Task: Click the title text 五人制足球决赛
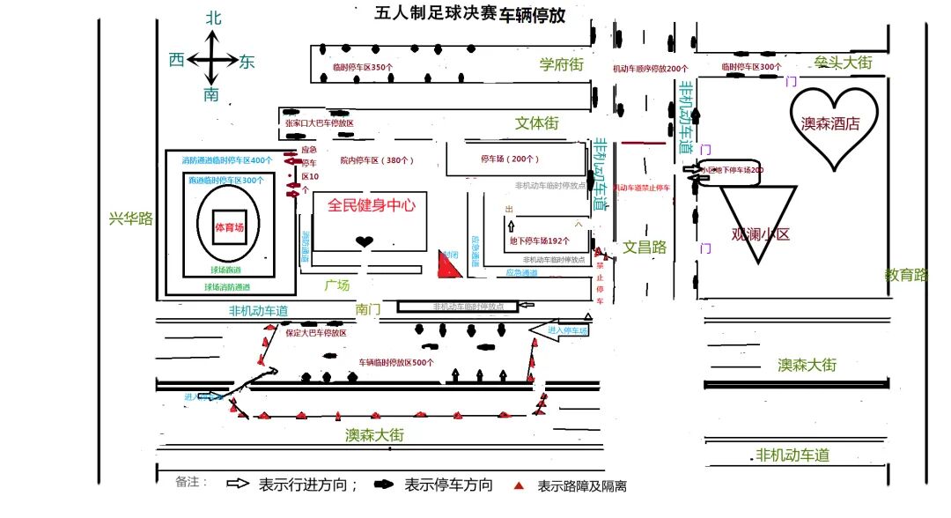[436, 13]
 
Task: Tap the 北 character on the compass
[213, 18]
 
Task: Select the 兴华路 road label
[130, 218]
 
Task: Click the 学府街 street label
[562, 64]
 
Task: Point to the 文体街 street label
[537, 123]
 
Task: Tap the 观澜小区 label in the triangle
[761, 234]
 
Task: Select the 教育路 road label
[907, 275]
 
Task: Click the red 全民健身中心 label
[371, 205]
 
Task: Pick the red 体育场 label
[229, 227]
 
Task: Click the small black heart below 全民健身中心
[364, 241]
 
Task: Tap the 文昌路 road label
[645, 248]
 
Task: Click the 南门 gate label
[368, 309]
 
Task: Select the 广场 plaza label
[336, 285]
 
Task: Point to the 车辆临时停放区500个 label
[396, 362]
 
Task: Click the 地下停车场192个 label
[540, 240]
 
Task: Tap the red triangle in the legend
[520, 485]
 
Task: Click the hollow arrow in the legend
[239, 484]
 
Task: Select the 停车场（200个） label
[510, 159]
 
